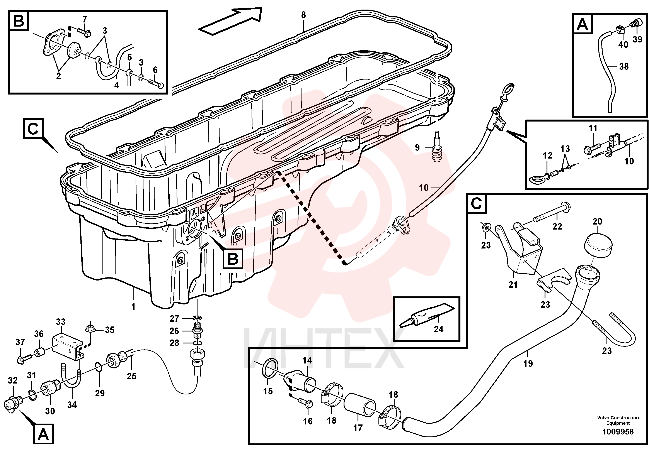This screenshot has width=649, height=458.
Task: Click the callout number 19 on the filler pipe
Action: (x=528, y=363)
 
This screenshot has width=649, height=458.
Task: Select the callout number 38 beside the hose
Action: (x=624, y=67)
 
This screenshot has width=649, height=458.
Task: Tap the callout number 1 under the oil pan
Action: (x=133, y=306)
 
